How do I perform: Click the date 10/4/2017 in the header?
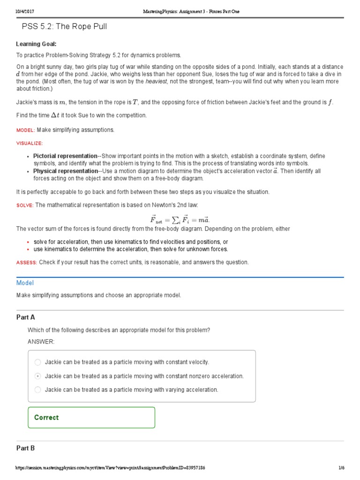pos(22,11)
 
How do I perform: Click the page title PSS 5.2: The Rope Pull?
pos(64,27)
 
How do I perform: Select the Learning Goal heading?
pos(36,44)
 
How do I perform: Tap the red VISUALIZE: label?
pos(30,143)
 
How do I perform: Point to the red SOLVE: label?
pos(25,205)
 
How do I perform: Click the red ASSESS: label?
pos(27,262)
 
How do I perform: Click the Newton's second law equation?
pos(180,218)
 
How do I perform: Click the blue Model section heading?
pos(25,283)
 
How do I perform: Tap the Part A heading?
pos(26,317)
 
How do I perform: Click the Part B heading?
pos(26,448)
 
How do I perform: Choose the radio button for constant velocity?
pos(38,362)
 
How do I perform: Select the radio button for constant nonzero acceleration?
pos(38,376)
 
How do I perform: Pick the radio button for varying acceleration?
pos(38,390)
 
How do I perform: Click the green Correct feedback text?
pos(46,417)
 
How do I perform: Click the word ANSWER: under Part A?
pos(41,341)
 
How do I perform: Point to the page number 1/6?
pos(341,468)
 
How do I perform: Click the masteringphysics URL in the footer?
pos(110,468)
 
